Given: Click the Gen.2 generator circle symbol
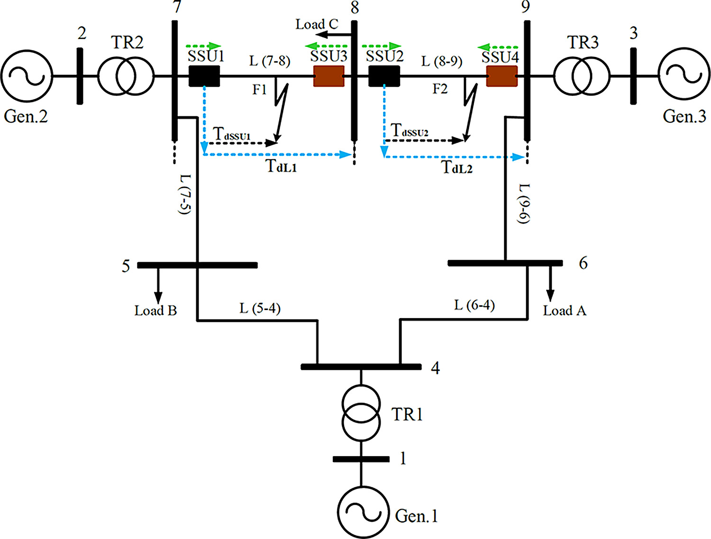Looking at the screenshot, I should coord(27,76).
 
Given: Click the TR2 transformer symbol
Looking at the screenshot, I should coord(126,76).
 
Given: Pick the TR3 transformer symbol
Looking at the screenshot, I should coord(582,76).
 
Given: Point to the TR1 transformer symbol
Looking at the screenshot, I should coord(361,412).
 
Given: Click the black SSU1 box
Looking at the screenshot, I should coord(204,76).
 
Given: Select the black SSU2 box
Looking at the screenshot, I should coord(384,76).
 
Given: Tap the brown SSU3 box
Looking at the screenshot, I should coord(329,76).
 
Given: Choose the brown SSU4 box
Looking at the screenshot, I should coord(502,76).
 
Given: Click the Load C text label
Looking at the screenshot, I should coord(317,24).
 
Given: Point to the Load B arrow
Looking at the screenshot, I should coord(158,284).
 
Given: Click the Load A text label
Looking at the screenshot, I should coord(565,311).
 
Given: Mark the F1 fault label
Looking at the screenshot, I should coord(259,89).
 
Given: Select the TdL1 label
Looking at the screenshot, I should coord(282,166).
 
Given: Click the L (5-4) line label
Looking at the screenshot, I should coord(260,309).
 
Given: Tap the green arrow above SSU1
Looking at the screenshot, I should coord(203,46).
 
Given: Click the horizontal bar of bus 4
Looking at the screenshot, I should coord(361,366).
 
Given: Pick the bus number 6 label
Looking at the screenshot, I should coord(583,263).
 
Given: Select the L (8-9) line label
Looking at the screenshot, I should coord(442,61).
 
